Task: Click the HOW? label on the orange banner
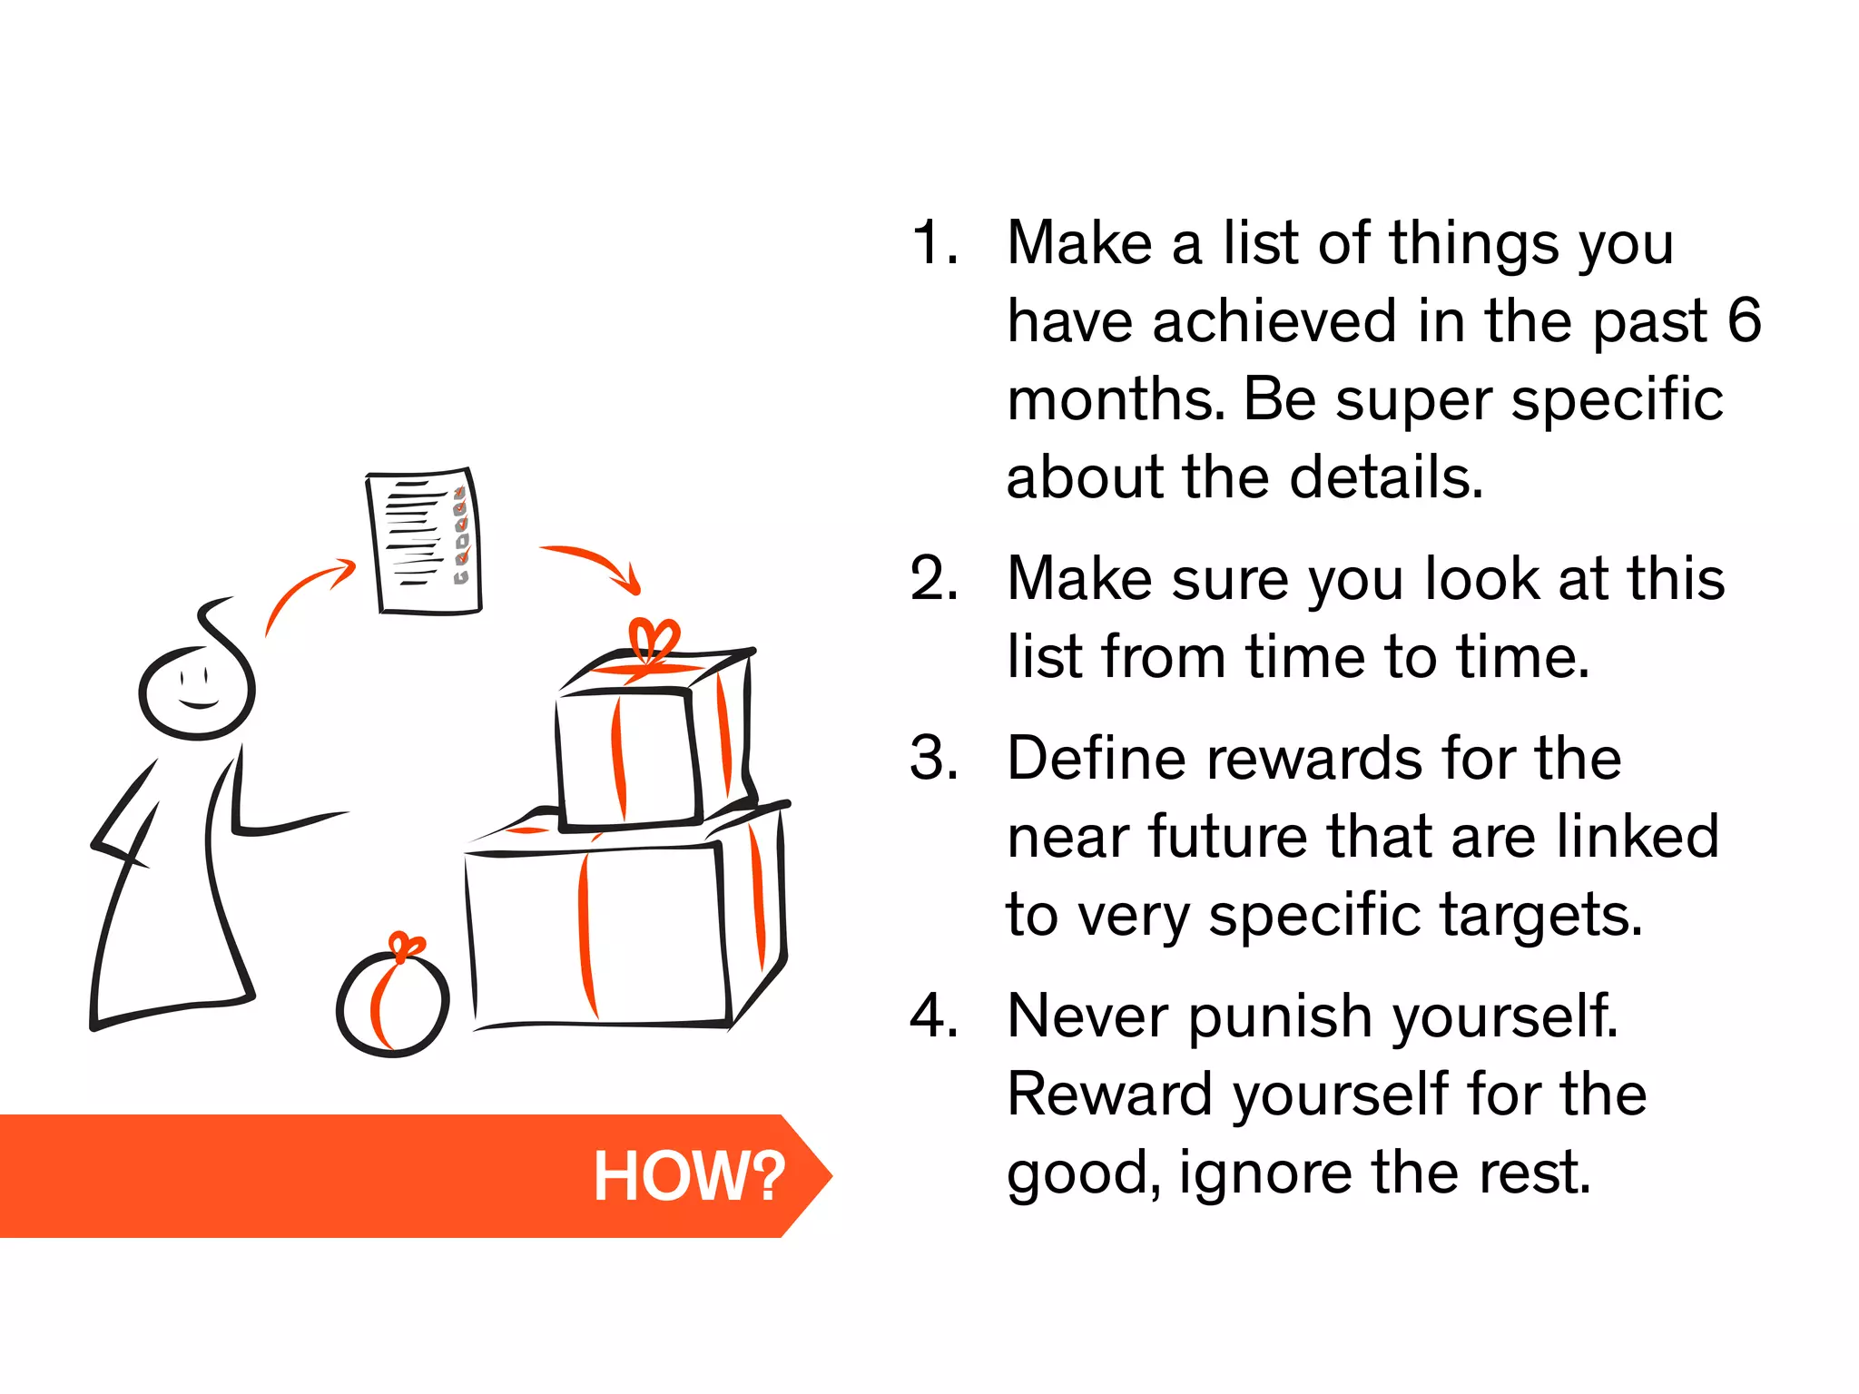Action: pyautogui.click(x=689, y=1176)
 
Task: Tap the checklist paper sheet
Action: pyautogui.click(x=424, y=541)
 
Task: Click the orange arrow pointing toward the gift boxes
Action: pyautogui.click(x=595, y=565)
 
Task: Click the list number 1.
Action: pyautogui.click(x=935, y=243)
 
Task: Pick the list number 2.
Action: pyautogui.click(x=935, y=578)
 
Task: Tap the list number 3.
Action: pyautogui.click(x=935, y=758)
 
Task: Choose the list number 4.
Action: pyautogui.click(x=935, y=1016)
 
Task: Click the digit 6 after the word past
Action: pyautogui.click(x=1744, y=320)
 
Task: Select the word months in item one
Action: pyautogui.click(x=1116, y=399)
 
